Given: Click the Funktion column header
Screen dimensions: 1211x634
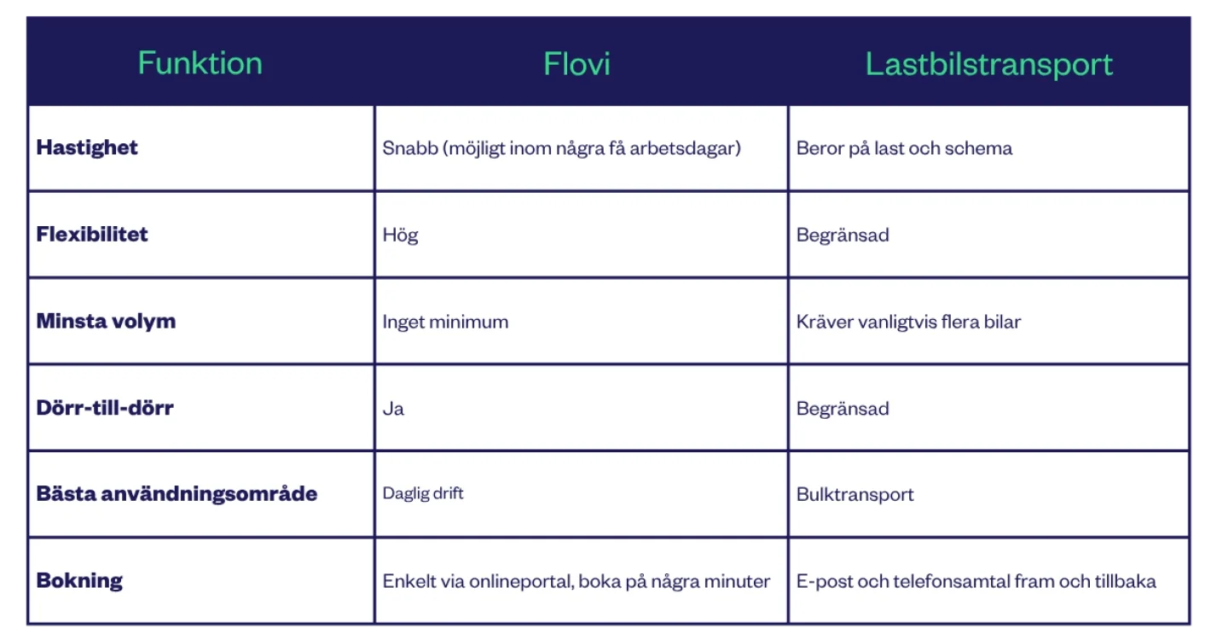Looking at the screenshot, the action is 200,63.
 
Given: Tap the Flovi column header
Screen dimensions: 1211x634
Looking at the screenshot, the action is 577,64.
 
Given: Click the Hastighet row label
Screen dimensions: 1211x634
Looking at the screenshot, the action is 87,148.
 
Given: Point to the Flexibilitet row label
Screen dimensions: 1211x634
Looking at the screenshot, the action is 92,235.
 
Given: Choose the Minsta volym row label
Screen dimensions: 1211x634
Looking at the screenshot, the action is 106,321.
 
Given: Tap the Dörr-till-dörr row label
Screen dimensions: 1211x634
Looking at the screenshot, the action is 105,407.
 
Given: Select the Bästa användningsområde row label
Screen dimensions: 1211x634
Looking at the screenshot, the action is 177,494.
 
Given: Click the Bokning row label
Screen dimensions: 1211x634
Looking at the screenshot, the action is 79,580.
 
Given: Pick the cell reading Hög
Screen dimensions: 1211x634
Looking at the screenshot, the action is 400,235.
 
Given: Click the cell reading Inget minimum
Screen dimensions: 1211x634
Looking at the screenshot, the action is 445,322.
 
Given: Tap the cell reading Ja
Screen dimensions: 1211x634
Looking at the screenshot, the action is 393,409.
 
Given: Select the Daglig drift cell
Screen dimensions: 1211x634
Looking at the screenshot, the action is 423,493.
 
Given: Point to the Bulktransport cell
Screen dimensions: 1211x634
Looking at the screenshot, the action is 855,494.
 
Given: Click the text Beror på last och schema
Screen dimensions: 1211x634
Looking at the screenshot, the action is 904,148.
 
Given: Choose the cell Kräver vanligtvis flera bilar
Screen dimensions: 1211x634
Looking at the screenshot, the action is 908,322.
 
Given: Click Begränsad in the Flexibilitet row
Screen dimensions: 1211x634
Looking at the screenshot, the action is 843,235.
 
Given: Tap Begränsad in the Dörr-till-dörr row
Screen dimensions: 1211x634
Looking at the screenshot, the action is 843,409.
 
